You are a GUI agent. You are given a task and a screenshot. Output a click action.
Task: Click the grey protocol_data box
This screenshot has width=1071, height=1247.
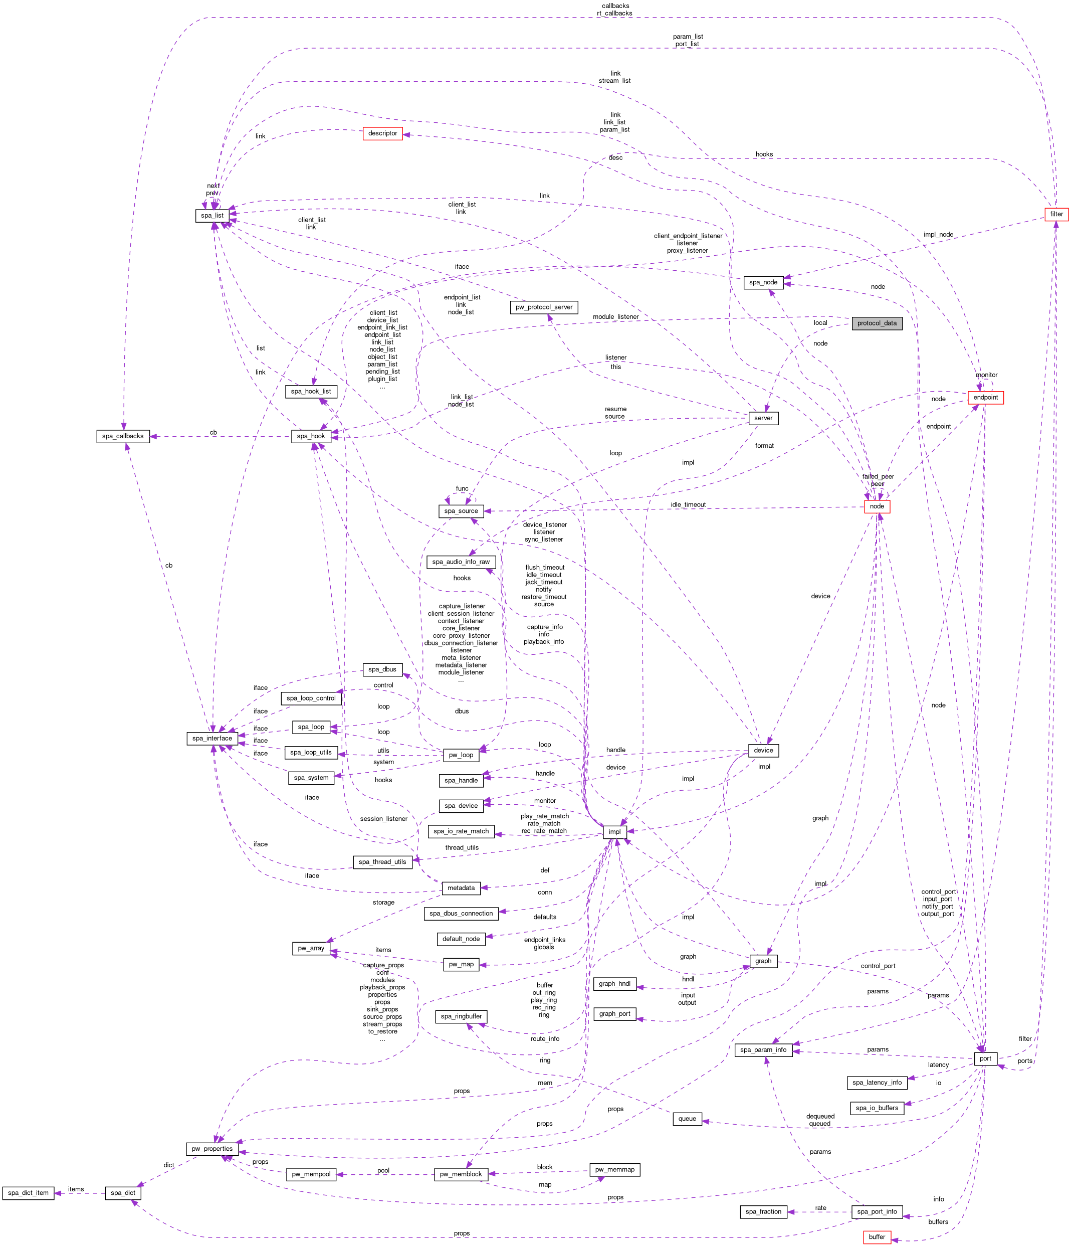click(x=877, y=323)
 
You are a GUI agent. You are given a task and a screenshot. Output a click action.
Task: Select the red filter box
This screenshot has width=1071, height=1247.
click(x=1056, y=214)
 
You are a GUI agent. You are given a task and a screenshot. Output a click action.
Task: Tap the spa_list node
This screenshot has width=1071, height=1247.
click(x=212, y=216)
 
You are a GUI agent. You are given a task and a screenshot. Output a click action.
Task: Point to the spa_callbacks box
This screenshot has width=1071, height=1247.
click(x=123, y=436)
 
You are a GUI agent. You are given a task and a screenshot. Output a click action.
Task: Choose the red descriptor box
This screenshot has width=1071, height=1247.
click(x=383, y=133)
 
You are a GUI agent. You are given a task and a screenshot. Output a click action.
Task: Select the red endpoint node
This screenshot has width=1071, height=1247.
click(x=985, y=397)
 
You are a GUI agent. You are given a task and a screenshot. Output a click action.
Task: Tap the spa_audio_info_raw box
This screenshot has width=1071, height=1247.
click(x=461, y=562)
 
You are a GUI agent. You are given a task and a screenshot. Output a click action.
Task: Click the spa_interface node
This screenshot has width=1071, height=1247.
click(x=212, y=739)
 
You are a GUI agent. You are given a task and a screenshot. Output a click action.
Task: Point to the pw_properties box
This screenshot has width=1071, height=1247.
click(x=212, y=1149)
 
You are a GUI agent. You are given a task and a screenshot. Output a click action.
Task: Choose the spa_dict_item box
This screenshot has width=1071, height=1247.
click(x=28, y=1193)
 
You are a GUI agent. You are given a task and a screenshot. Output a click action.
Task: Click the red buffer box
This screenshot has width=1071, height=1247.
click(x=877, y=1237)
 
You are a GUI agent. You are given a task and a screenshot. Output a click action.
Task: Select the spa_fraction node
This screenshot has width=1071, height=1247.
click(x=763, y=1211)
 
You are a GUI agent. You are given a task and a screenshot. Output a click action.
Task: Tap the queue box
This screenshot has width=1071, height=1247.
click(x=687, y=1119)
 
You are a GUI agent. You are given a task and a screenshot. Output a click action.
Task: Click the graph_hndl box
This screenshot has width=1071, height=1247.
click(x=614, y=984)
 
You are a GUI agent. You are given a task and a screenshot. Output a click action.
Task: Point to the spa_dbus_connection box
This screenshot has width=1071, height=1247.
click(x=461, y=913)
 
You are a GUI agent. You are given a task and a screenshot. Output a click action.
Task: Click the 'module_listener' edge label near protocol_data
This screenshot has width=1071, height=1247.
click(x=615, y=316)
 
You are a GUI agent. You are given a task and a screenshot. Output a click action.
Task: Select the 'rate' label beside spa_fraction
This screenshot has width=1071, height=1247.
click(x=820, y=1208)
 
